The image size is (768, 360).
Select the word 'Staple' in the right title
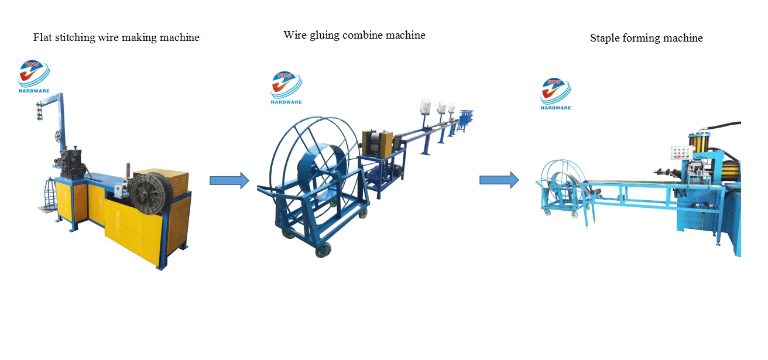point(606,38)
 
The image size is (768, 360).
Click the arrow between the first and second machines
point(229,180)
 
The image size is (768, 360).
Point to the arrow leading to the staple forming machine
point(499,180)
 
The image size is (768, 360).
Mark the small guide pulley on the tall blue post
point(59,137)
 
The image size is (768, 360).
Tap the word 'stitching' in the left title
point(77,37)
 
